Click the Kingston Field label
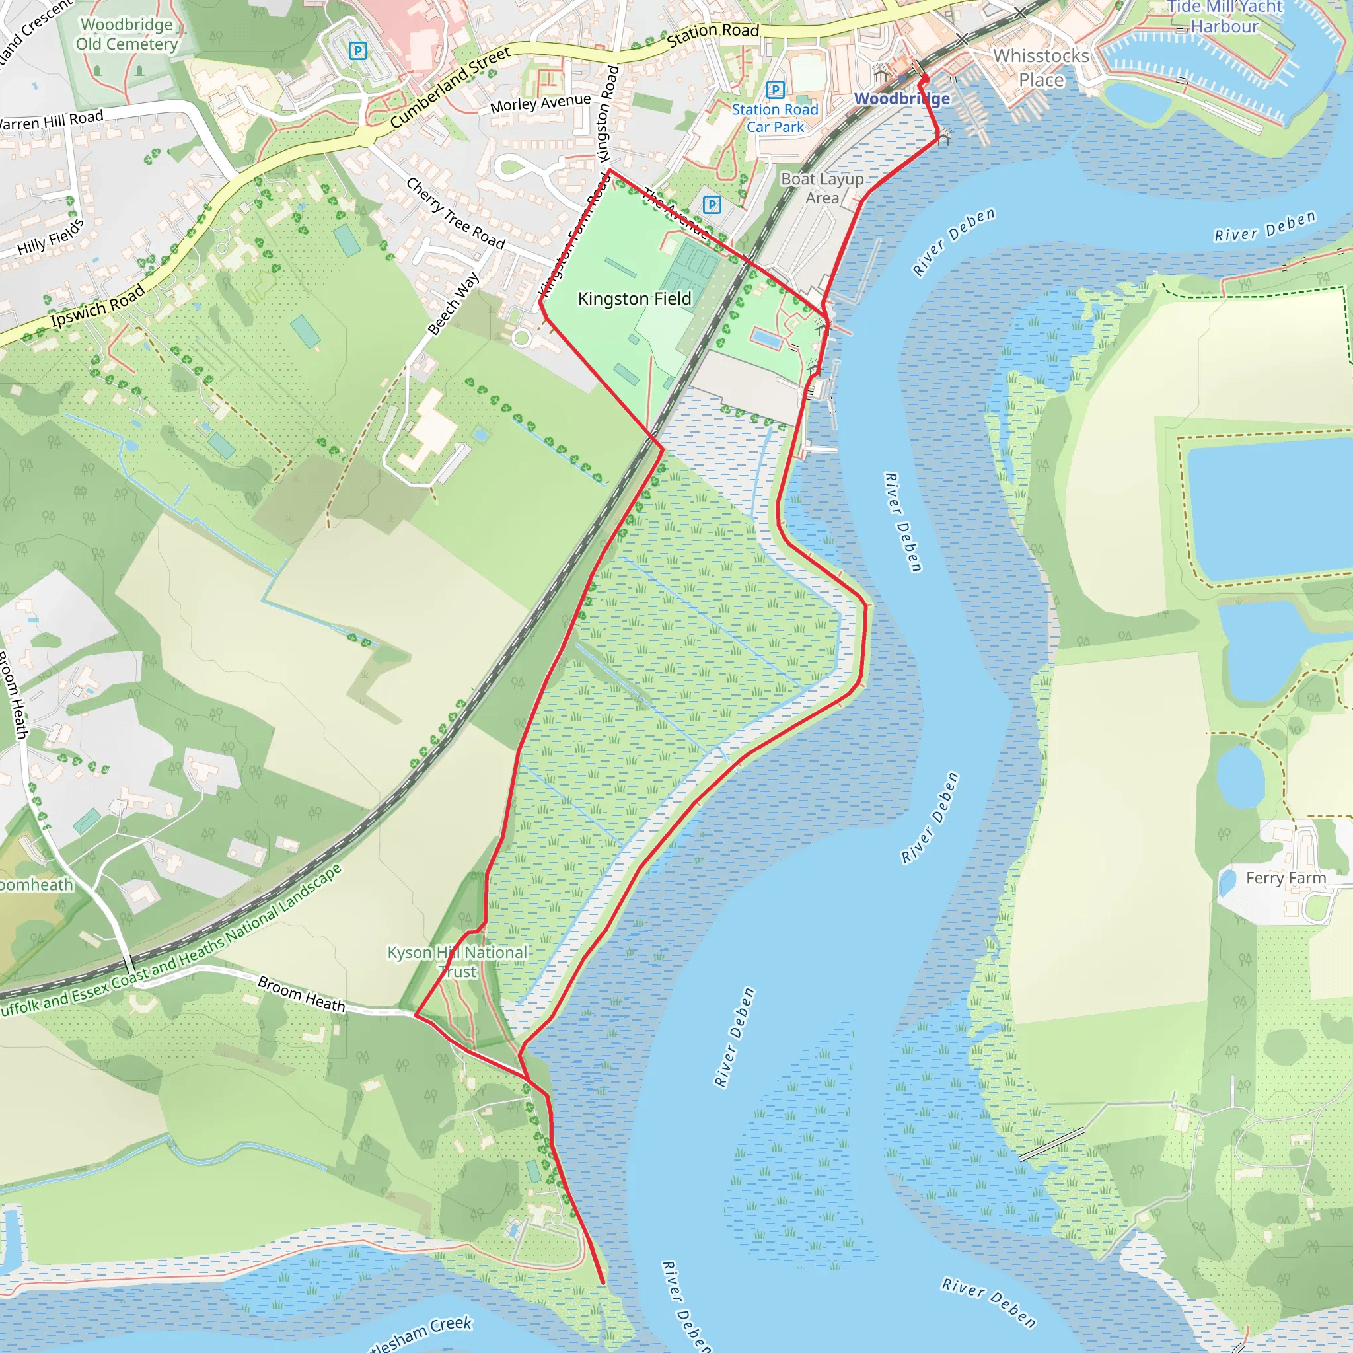click(634, 299)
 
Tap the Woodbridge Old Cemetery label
click(127, 34)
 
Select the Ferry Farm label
click(1286, 878)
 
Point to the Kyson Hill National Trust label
click(457, 961)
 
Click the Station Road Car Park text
click(774, 118)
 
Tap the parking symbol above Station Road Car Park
click(774, 89)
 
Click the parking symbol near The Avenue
click(712, 205)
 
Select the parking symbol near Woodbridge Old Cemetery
click(358, 50)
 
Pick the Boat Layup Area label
click(821, 188)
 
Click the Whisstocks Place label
click(1041, 68)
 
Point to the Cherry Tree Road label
click(455, 213)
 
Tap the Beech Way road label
click(454, 303)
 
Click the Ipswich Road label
click(97, 306)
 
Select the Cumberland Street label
click(451, 88)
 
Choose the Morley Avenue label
click(540, 104)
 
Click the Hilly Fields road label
click(50, 237)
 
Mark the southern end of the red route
click(603, 1283)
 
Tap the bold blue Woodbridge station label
click(902, 98)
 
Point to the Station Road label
click(712, 32)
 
